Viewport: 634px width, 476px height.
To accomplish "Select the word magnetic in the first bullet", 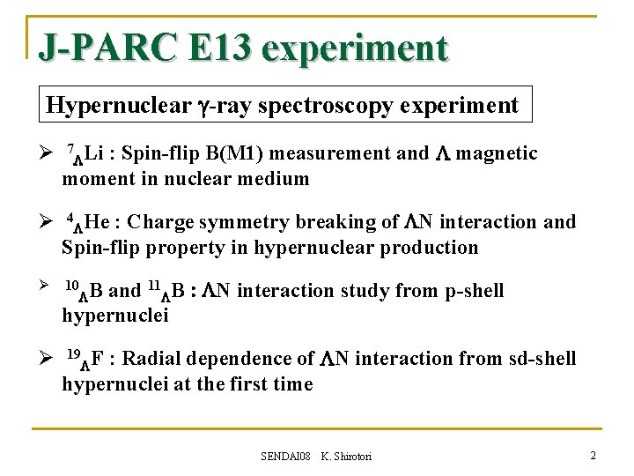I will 498,153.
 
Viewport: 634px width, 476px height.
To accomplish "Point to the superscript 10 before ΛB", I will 73,286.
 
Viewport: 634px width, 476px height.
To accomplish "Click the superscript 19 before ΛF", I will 74,354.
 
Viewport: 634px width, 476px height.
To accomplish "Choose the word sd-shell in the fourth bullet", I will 542,359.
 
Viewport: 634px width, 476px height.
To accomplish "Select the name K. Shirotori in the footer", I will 346,456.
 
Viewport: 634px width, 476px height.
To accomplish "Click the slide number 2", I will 593,455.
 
